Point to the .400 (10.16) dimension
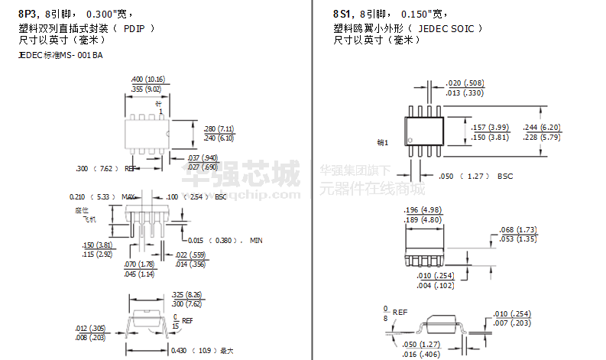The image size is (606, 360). [x=148, y=79]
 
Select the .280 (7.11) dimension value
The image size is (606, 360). [x=219, y=128]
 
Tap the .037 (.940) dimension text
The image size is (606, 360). [x=203, y=157]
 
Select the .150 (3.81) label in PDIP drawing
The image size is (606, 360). [x=97, y=245]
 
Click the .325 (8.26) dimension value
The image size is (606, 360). [x=186, y=294]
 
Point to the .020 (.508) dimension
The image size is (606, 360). [x=465, y=83]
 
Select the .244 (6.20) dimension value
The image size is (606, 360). [x=541, y=128]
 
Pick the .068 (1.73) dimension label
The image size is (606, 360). [x=517, y=230]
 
